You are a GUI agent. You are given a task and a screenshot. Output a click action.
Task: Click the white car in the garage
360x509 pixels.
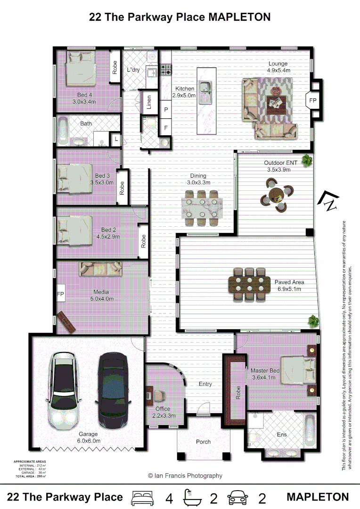click(x=64, y=389)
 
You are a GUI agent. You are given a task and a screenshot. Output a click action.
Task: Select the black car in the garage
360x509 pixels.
click(x=112, y=389)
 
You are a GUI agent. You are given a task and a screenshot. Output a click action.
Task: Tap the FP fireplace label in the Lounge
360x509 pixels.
click(x=312, y=100)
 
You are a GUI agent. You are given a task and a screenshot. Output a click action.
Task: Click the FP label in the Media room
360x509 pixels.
click(x=60, y=294)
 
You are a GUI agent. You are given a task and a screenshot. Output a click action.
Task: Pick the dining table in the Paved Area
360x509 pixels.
click(x=249, y=284)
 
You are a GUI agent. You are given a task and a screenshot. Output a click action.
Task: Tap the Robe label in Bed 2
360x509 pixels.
click(x=143, y=242)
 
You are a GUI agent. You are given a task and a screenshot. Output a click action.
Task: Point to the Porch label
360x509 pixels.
click(x=204, y=442)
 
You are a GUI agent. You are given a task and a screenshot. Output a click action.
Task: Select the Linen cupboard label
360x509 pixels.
click(x=149, y=103)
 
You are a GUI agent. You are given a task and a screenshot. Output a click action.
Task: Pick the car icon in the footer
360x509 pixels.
click(x=238, y=498)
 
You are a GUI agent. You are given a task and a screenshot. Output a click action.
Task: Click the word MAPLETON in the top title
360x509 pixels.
click(x=239, y=17)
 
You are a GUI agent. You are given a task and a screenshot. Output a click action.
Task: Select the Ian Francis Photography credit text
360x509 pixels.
click(x=185, y=476)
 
